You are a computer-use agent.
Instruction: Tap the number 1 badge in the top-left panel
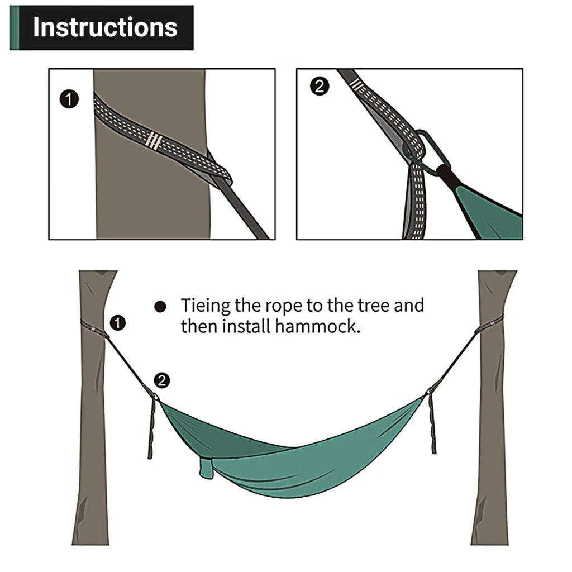pyautogui.click(x=69, y=100)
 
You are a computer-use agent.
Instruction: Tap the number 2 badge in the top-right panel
pyautogui.click(x=319, y=87)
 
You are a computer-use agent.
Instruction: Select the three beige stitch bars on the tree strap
pyautogui.click(x=154, y=141)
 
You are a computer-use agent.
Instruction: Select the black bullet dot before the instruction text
pyautogui.click(x=160, y=307)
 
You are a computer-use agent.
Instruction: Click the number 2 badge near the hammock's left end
pyautogui.click(x=161, y=381)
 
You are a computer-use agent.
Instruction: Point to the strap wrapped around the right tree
pyautogui.click(x=489, y=324)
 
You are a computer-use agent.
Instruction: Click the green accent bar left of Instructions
pyautogui.click(x=14, y=28)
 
